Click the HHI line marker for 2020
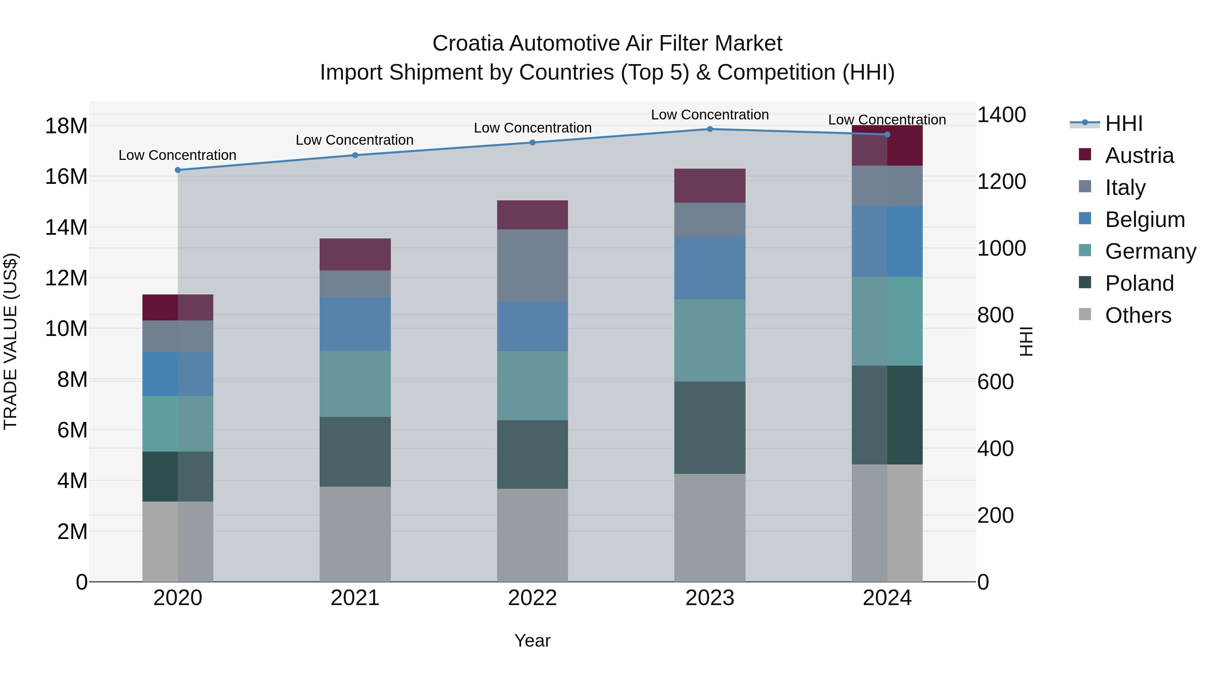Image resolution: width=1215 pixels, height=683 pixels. (x=178, y=170)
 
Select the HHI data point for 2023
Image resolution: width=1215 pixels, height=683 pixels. (x=710, y=129)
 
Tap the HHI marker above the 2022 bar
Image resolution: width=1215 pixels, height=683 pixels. (x=533, y=142)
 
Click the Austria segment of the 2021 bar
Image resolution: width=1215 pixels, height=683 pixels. (x=355, y=255)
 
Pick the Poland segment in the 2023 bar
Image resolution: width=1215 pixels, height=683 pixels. (x=710, y=428)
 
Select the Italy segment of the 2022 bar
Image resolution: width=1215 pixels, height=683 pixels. (x=533, y=265)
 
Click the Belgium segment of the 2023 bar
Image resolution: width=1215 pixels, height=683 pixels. (x=710, y=268)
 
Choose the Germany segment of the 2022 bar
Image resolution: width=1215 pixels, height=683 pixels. (x=533, y=386)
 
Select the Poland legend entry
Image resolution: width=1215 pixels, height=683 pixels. (x=1139, y=283)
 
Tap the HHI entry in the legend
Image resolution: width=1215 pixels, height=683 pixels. (x=1124, y=123)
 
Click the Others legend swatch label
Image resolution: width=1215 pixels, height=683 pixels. (x=1138, y=315)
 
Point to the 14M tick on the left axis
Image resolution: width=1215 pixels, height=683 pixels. (x=66, y=228)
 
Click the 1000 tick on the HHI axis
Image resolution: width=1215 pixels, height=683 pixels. (x=1001, y=248)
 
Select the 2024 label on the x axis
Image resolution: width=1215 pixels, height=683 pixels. (x=887, y=598)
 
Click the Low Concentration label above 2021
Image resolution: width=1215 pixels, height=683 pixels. (x=355, y=140)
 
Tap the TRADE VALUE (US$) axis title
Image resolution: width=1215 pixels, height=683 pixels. (x=10, y=341)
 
